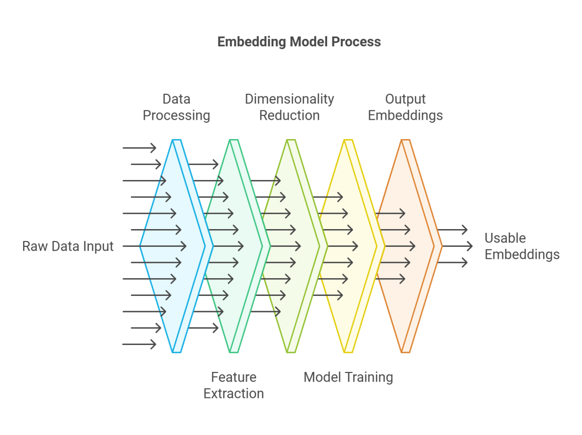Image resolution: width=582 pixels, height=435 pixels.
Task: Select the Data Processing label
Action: [176, 107]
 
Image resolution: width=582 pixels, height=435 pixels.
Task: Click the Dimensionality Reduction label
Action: [289, 107]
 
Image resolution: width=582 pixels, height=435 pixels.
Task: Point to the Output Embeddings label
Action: [405, 107]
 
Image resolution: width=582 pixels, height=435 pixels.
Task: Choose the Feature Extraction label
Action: [233, 385]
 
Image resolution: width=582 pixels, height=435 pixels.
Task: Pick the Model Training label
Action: [348, 377]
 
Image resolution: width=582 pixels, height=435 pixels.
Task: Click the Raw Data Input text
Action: [68, 246]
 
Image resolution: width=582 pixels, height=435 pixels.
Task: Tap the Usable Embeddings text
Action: [522, 246]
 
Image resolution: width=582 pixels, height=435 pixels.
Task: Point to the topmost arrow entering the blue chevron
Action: [139, 148]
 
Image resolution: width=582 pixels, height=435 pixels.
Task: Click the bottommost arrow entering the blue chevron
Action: [139, 344]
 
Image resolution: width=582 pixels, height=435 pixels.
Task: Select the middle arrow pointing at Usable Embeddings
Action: [455, 246]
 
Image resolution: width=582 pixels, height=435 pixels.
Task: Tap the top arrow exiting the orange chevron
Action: [452, 230]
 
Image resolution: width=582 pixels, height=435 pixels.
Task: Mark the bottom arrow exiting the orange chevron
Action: [452, 263]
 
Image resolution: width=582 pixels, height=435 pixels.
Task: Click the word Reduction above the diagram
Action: [289, 115]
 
